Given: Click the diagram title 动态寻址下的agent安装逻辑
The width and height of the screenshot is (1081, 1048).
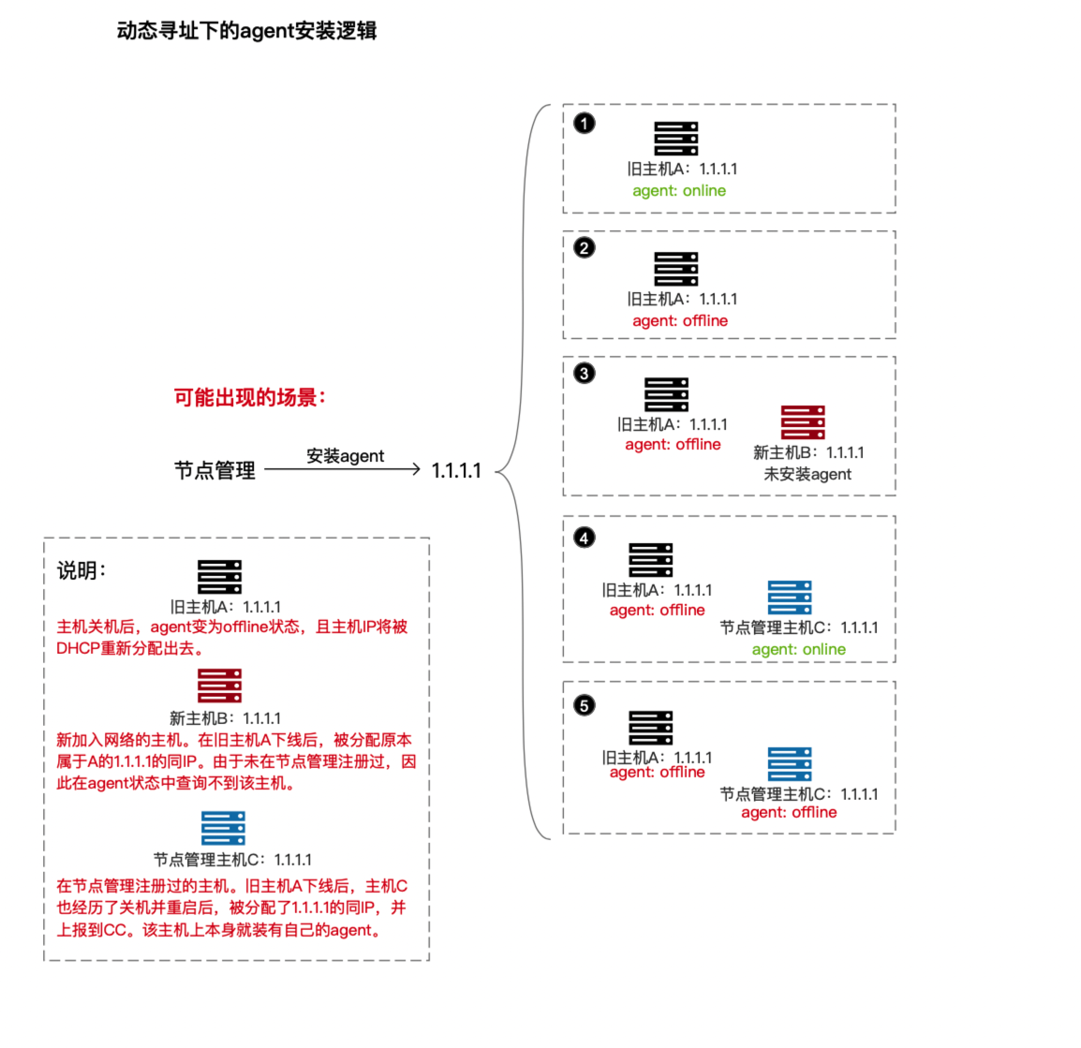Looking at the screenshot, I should click(x=246, y=31).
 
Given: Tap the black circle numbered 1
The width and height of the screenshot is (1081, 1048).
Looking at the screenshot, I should click(x=585, y=124).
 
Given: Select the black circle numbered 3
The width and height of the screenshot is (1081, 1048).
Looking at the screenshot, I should click(x=585, y=374).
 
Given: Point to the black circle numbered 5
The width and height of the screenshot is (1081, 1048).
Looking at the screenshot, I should click(x=585, y=705).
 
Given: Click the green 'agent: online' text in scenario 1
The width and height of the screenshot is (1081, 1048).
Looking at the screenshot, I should click(x=679, y=191).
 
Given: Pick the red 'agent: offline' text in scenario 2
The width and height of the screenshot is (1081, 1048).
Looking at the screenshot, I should click(x=680, y=321).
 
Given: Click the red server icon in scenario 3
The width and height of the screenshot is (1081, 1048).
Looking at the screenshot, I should click(x=803, y=422).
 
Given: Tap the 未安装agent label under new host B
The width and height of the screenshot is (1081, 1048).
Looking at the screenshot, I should click(x=807, y=474).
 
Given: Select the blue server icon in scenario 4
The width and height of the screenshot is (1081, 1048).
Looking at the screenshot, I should click(x=790, y=598).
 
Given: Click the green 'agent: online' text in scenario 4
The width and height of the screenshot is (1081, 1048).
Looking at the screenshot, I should click(x=798, y=650).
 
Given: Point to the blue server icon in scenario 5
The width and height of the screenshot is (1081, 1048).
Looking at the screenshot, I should click(x=790, y=764).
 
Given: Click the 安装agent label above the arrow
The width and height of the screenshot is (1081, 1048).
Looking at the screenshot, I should click(x=345, y=456).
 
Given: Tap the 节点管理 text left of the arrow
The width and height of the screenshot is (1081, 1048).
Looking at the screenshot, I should click(x=215, y=470).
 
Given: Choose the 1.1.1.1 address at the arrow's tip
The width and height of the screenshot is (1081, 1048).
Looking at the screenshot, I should click(x=456, y=471).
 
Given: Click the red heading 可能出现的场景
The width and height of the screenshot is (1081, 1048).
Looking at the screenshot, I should click(x=249, y=397).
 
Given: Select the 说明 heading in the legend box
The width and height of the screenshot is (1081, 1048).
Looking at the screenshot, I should click(x=81, y=570).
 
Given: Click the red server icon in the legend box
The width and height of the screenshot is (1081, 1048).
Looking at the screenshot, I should click(x=220, y=686).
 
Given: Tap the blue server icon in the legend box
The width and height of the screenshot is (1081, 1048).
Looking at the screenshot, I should click(x=224, y=828).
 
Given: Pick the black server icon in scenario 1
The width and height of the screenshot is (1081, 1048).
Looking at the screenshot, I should click(x=676, y=139).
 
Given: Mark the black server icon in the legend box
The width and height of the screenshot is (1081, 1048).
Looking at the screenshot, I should click(x=220, y=577).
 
